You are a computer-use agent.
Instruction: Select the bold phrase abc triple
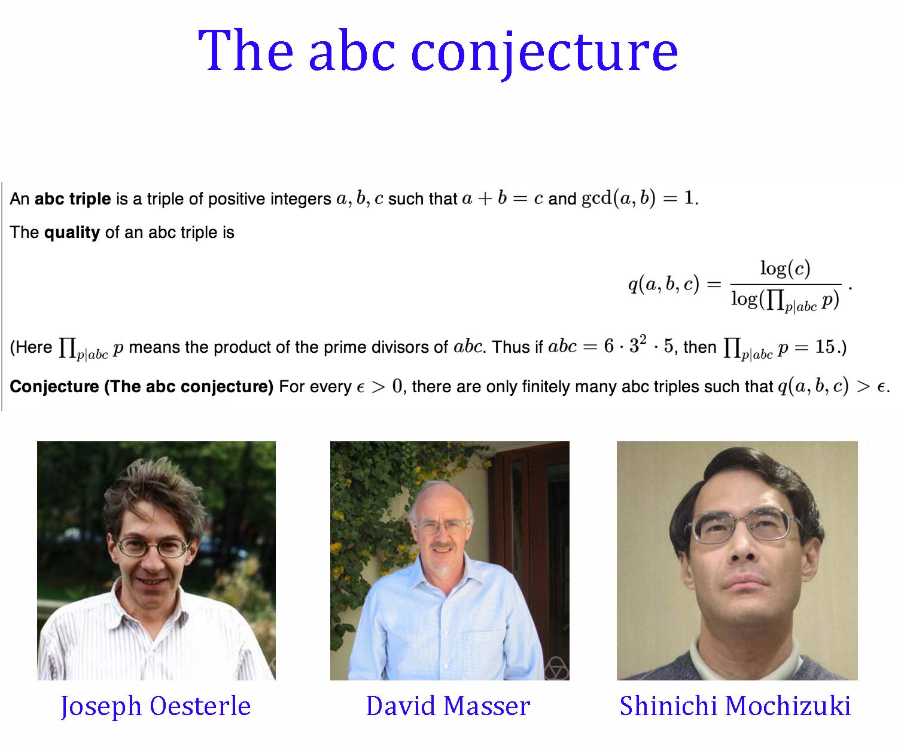72,199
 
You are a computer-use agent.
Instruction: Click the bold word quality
72,233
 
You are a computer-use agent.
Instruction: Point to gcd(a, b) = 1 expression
640,198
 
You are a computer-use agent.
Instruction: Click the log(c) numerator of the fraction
786,268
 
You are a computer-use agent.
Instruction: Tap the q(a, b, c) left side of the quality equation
664,284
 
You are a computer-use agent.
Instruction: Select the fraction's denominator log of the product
786,301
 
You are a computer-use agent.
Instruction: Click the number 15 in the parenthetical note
825,347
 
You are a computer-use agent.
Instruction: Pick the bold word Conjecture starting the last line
54,386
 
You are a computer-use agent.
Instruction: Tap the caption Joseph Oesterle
156,706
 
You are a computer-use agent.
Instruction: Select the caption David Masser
448,706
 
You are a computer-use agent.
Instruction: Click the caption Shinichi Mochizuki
735,706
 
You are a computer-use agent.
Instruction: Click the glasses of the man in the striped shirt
154,547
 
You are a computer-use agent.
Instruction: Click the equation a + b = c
503,198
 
